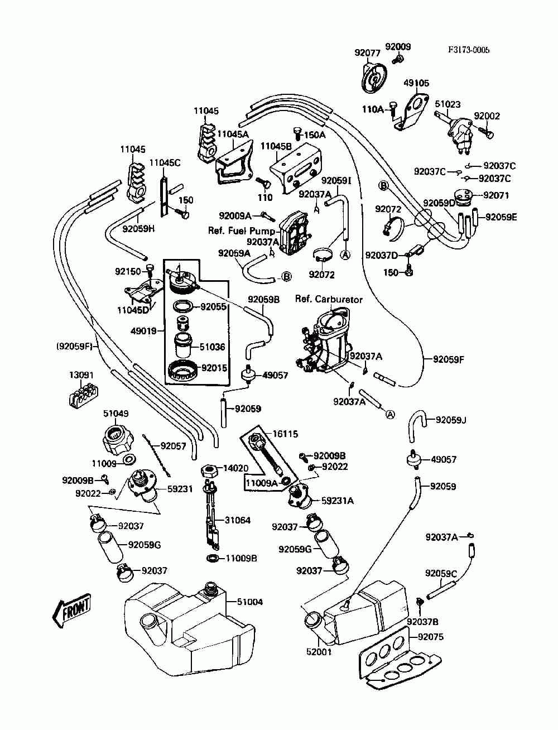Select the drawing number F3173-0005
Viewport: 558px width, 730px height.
click(469, 50)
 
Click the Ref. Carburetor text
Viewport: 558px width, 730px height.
click(329, 299)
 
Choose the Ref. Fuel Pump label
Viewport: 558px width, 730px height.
click(242, 231)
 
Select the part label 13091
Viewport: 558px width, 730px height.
click(81, 375)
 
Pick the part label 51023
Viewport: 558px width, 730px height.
click(448, 104)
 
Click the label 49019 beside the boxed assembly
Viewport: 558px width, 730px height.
click(143, 331)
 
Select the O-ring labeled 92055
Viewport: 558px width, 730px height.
click(183, 306)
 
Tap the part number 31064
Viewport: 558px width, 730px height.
click(238, 520)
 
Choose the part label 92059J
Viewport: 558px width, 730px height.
click(451, 420)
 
